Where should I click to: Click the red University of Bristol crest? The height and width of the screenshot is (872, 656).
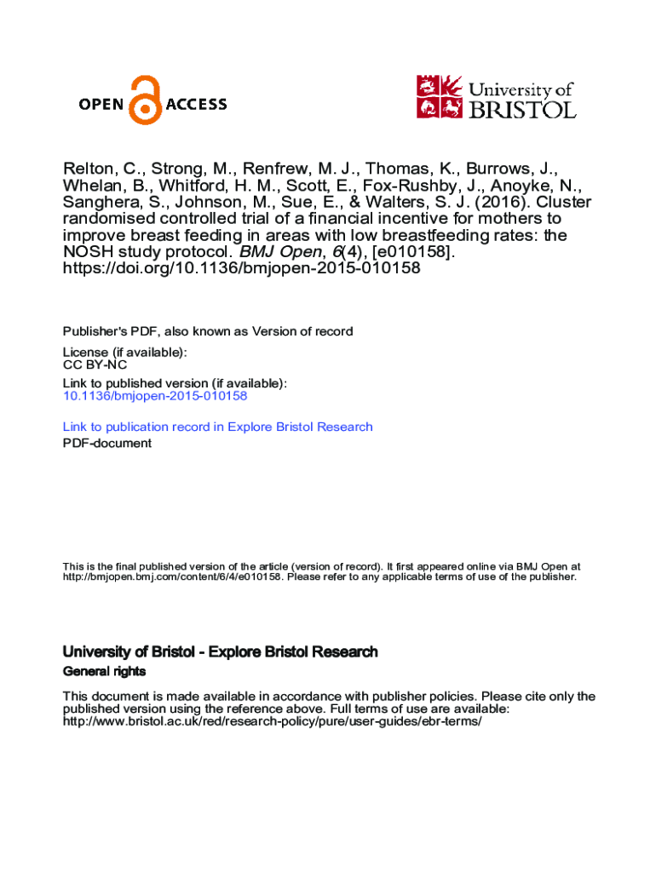pyautogui.click(x=439, y=96)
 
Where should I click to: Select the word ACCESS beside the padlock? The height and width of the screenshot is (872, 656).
pyautogui.click(x=196, y=105)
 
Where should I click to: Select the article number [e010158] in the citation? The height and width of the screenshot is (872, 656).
pyautogui.click(x=397, y=251)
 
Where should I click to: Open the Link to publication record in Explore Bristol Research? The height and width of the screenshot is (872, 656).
pyautogui.click(x=217, y=427)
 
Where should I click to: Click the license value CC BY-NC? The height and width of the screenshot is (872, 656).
pyautogui.click(x=95, y=364)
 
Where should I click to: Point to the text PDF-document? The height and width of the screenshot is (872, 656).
pyautogui.click(x=107, y=443)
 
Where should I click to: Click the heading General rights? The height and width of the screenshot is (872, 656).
pyautogui.click(x=104, y=671)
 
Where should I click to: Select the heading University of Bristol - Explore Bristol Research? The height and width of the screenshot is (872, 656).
pyautogui.click(x=220, y=652)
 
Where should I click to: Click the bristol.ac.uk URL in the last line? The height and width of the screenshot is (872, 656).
pyautogui.click(x=273, y=721)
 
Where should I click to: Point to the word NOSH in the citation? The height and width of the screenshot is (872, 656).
pyautogui.click(x=85, y=251)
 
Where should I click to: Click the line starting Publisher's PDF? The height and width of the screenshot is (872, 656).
pyautogui.click(x=208, y=331)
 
